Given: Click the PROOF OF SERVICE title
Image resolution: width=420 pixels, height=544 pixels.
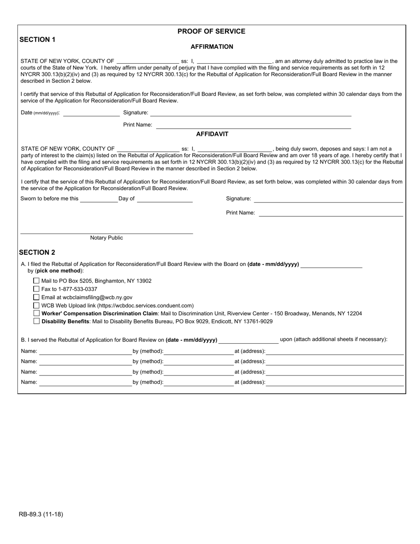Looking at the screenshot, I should (211, 31).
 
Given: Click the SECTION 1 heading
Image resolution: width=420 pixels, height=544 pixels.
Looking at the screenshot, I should (38, 39).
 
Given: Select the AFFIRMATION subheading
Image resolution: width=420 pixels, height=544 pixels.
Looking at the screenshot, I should (212, 46).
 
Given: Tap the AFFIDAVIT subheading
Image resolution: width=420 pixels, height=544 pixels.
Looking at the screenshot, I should (212, 134).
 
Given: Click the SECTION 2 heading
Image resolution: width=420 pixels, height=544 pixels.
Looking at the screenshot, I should (37, 253).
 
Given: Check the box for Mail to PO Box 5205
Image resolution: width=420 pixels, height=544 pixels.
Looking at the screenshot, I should (37, 281).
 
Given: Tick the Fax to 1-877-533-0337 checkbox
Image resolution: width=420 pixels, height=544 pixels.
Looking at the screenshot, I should (37, 289).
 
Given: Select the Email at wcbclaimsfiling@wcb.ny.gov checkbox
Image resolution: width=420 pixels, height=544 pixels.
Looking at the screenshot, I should (37, 297).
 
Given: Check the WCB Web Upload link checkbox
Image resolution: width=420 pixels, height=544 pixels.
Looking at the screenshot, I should (37, 305).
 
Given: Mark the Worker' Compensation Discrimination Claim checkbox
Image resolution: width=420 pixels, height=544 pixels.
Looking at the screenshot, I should (37, 313).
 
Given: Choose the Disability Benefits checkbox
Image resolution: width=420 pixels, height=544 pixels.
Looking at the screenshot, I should (37, 321).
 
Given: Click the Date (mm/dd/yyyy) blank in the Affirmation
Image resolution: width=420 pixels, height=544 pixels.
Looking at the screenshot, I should (91, 113).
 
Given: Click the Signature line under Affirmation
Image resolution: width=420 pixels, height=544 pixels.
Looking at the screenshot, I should (251, 113).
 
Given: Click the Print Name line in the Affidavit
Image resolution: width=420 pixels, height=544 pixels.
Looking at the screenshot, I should (331, 213).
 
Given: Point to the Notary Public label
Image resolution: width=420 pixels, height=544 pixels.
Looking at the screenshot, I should (107, 238).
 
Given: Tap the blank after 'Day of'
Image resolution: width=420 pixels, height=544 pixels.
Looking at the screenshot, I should (164, 199).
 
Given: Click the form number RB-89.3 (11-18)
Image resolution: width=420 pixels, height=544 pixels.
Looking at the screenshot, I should (41, 514).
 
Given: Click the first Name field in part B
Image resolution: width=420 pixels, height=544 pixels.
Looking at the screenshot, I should (85, 352).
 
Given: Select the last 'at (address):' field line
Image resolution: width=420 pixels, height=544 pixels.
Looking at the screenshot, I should (335, 383).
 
